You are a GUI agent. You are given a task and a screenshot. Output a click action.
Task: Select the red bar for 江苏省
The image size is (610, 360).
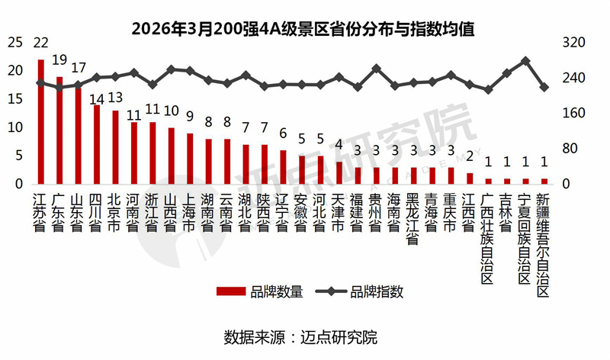41,122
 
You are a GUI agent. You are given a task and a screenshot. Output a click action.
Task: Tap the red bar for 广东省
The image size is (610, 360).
59,130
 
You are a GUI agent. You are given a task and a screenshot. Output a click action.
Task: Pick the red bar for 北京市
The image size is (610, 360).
115,147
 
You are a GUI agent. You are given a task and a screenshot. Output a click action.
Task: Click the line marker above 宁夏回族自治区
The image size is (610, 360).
525,60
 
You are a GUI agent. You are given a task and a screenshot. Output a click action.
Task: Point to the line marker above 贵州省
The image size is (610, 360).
376,69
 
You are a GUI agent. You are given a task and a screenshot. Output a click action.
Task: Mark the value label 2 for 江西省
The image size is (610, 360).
470,157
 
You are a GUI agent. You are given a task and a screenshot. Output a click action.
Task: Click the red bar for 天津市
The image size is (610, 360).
339,173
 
